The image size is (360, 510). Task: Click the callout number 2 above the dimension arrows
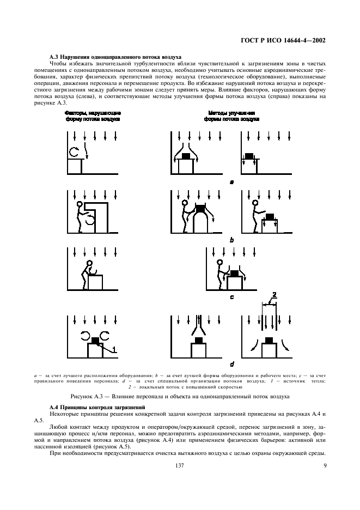274,295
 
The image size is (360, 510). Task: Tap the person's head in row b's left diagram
80,205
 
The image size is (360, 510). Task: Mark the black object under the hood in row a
186,156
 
